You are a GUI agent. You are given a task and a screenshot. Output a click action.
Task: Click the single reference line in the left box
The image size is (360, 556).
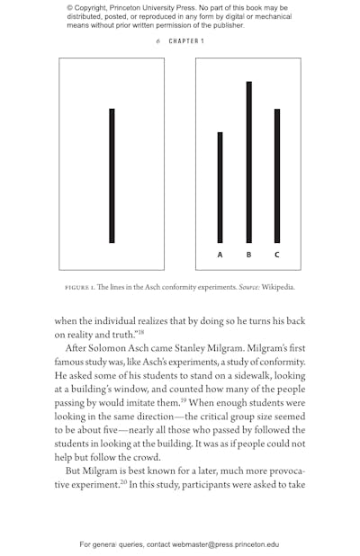(x=112, y=175)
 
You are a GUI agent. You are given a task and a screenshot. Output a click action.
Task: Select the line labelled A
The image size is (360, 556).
(x=220, y=187)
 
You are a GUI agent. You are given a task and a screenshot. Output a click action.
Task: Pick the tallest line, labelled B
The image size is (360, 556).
(x=248, y=162)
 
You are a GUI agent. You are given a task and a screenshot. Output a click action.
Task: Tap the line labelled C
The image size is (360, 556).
(x=277, y=175)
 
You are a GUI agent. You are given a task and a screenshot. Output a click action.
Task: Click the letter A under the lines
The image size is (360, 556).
(x=220, y=255)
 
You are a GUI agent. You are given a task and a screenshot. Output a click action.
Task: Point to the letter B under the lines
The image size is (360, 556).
(x=248, y=255)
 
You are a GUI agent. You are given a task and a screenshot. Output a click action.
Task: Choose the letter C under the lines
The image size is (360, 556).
(x=277, y=255)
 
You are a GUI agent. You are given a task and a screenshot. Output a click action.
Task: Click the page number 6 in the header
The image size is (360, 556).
(x=157, y=41)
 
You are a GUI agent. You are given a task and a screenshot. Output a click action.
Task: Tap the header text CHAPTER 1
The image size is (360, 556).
(x=186, y=41)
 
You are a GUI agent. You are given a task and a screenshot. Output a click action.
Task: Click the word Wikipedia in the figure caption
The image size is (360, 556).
(x=278, y=288)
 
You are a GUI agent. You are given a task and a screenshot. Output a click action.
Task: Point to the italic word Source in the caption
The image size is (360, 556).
(x=249, y=288)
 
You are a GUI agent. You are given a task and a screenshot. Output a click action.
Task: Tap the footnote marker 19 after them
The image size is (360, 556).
(x=184, y=399)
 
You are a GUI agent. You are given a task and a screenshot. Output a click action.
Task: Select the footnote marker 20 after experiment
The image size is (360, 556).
(x=124, y=481)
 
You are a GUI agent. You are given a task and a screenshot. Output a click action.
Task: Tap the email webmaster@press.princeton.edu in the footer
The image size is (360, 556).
(x=225, y=544)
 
